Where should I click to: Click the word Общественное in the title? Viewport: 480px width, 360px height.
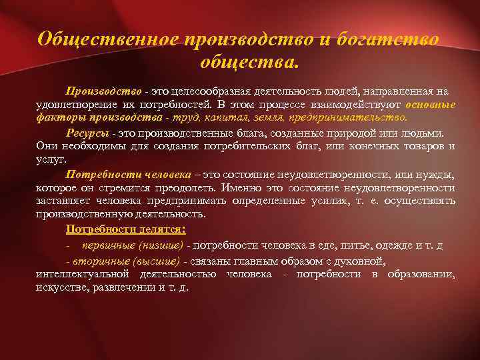tap(106, 39)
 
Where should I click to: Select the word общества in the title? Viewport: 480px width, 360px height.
tap(249, 64)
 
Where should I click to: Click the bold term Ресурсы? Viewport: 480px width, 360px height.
tap(87, 133)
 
